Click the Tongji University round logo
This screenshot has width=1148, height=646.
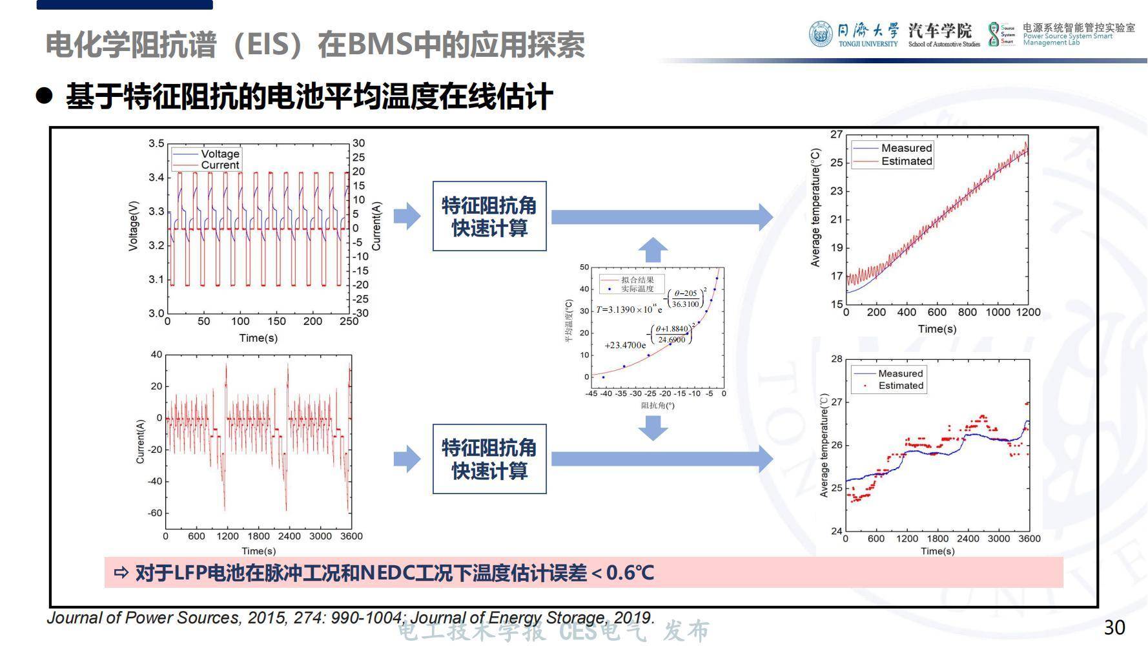coord(821,34)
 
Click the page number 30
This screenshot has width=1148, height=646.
coord(1114,627)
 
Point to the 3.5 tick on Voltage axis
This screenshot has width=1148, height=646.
coord(156,143)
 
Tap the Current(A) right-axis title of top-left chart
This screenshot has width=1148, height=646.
coord(376,226)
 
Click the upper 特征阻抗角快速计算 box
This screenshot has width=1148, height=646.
coord(489,216)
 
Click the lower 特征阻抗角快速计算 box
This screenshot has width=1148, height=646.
coord(489,459)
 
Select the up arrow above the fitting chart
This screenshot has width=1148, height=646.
coord(653,249)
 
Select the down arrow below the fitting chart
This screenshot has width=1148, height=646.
coord(653,428)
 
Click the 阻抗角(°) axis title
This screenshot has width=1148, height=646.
coord(657,406)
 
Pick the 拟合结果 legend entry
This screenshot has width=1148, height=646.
coord(637,280)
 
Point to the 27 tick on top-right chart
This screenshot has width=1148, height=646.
coord(836,134)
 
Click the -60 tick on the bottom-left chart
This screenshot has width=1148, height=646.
coord(156,513)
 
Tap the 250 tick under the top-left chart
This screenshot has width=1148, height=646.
coord(349,322)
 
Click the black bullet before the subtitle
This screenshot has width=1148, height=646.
coord(44,96)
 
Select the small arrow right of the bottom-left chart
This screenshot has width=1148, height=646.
coord(407,459)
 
